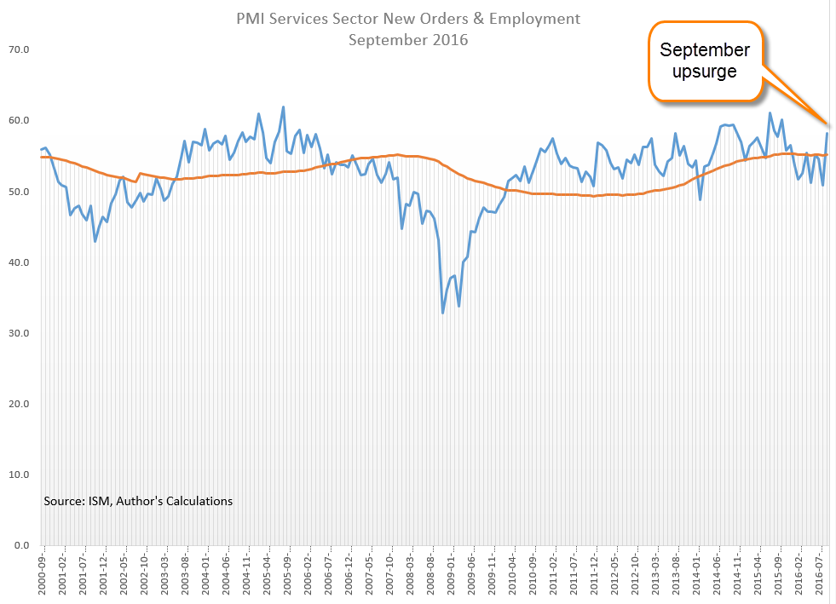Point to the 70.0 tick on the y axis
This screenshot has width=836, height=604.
click(20, 50)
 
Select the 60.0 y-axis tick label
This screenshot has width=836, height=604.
click(20, 121)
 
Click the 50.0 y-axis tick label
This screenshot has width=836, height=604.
click(20, 192)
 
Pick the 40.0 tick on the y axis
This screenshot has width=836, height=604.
click(20, 262)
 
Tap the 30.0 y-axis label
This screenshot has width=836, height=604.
click(20, 333)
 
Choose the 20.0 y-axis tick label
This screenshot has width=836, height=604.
click(20, 404)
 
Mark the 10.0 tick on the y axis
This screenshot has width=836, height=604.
click(20, 475)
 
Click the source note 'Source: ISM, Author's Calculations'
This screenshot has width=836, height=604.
click(138, 501)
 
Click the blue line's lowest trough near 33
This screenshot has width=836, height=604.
click(443, 313)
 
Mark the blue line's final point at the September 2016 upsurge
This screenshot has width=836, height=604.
click(827, 134)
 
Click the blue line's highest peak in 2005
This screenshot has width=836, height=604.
click(284, 107)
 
